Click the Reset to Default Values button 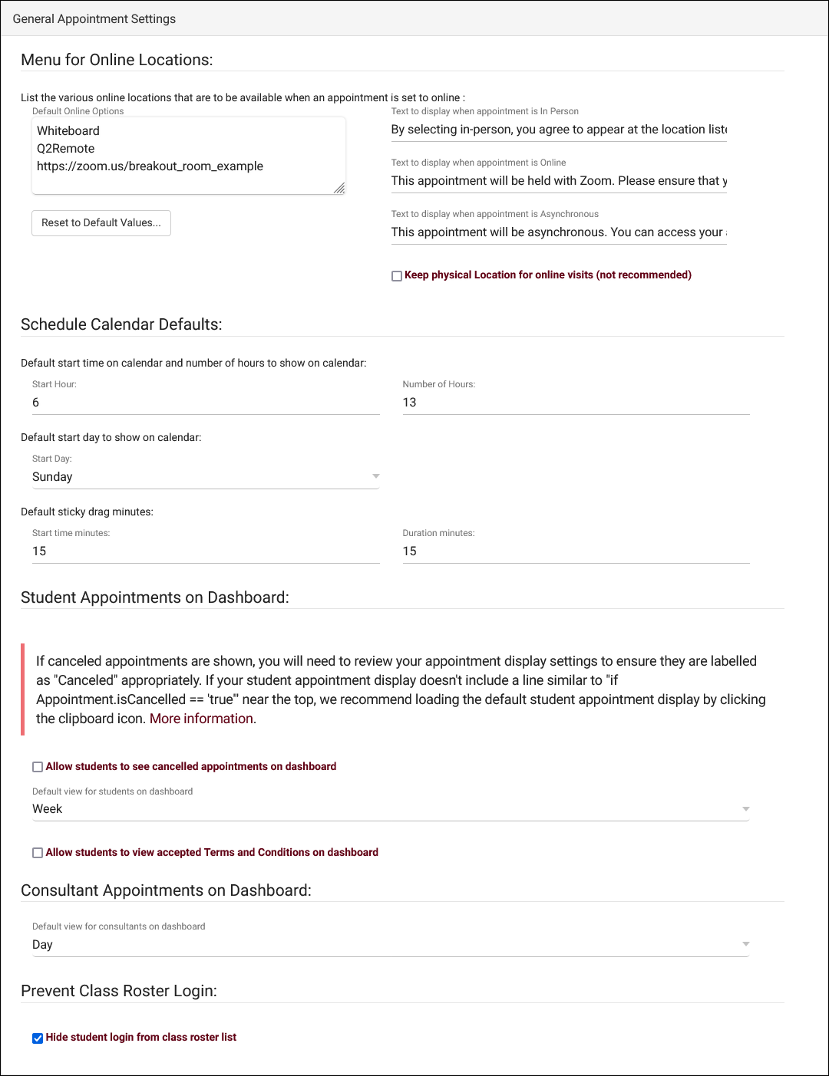[x=101, y=223]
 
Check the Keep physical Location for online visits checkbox [x=397, y=276]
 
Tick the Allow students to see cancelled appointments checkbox [x=38, y=767]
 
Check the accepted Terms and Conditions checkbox [x=38, y=853]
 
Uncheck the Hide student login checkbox [x=38, y=1038]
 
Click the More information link [x=201, y=719]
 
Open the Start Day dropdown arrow [x=375, y=476]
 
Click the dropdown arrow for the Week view [x=745, y=809]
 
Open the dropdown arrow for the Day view [x=745, y=944]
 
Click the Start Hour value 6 [x=36, y=403]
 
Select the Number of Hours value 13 [x=410, y=403]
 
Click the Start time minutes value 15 [x=39, y=551]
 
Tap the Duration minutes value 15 [x=410, y=551]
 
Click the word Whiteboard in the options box [x=68, y=131]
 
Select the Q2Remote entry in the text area [x=66, y=149]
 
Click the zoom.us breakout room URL [x=150, y=166]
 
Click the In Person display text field [x=559, y=130]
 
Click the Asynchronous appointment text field [x=559, y=232]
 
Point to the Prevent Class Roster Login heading [x=119, y=991]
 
